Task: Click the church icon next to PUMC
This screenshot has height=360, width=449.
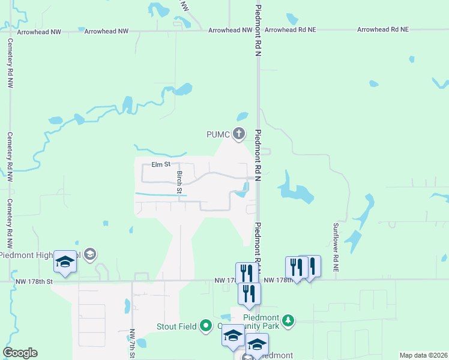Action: [239, 133]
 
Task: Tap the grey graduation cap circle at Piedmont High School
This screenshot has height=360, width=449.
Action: [90, 254]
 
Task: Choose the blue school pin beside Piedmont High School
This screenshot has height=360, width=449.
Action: [65, 262]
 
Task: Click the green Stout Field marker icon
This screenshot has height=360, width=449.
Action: [206, 326]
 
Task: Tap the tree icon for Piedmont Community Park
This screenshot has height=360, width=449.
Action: [289, 320]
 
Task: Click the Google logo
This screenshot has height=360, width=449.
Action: [20, 353]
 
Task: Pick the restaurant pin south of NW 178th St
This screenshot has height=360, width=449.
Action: [249, 294]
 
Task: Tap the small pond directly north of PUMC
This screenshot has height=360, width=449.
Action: [242, 116]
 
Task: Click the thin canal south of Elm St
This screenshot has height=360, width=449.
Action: [159, 194]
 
